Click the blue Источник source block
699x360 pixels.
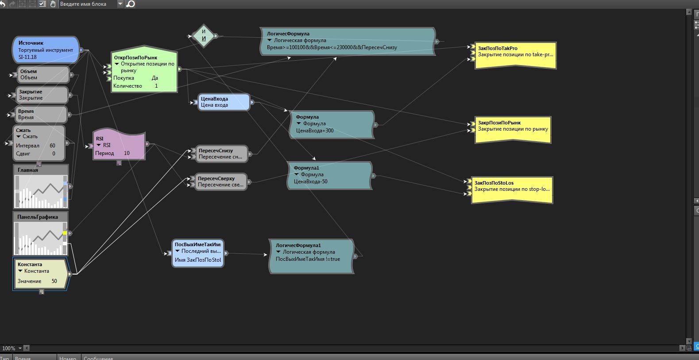(x=46, y=50)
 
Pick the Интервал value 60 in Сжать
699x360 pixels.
(x=52, y=146)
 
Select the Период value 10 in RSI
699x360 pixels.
(x=127, y=153)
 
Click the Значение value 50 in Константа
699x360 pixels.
(x=54, y=281)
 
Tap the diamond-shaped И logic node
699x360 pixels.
(x=204, y=35)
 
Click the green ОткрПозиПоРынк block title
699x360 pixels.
(x=135, y=58)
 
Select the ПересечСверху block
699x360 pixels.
(x=220, y=182)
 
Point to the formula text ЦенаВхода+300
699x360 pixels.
(x=315, y=131)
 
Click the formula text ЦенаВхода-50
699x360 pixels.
(x=311, y=182)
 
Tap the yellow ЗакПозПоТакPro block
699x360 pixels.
(x=515, y=55)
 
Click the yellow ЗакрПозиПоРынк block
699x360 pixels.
(x=513, y=130)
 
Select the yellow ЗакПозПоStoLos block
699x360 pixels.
(x=512, y=190)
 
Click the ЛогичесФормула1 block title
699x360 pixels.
(x=298, y=245)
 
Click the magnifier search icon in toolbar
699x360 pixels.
(x=131, y=4)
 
